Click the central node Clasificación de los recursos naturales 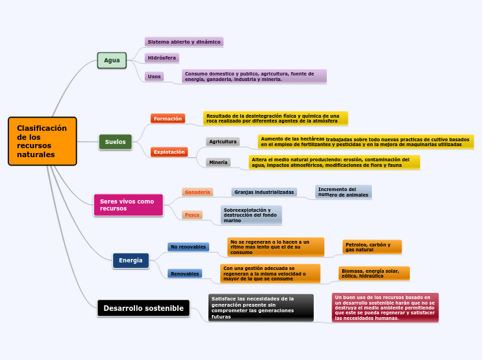[x=42, y=141]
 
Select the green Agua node [x=111, y=61]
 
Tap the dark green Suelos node [x=115, y=142]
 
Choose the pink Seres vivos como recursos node [x=128, y=204]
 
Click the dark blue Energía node [x=130, y=260]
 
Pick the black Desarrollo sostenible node [x=143, y=308]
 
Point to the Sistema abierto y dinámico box [x=184, y=42]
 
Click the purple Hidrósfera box [x=161, y=58]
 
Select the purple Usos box [x=154, y=76]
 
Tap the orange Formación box [x=168, y=118]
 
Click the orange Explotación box [x=169, y=152]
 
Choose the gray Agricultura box [x=223, y=141]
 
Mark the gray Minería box [x=218, y=162]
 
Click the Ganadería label [x=197, y=192]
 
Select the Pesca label [x=192, y=215]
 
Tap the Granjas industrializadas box [x=264, y=192]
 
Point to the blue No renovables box [x=188, y=246]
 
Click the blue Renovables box [x=185, y=273]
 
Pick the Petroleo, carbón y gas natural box [x=372, y=246]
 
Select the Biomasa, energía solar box [x=374, y=273]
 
